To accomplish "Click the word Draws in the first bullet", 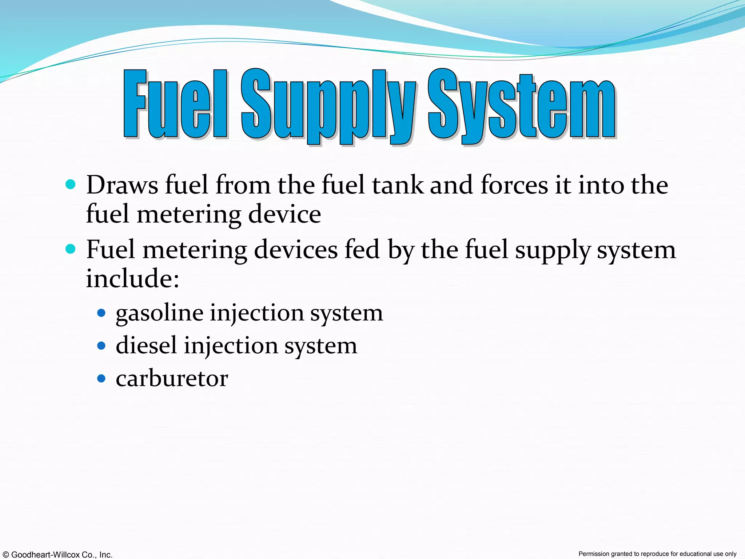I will click(x=122, y=185).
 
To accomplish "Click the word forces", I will click(x=514, y=185).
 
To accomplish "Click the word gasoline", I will click(x=159, y=313).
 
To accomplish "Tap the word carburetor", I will click(x=172, y=378).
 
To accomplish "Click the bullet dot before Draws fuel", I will click(x=71, y=184).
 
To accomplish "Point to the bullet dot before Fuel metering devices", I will click(x=71, y=249).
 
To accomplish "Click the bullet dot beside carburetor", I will click(x=101, y=379).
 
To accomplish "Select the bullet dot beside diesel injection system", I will click(x=101, y=346).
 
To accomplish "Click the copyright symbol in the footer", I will click(x=6, y=555).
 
